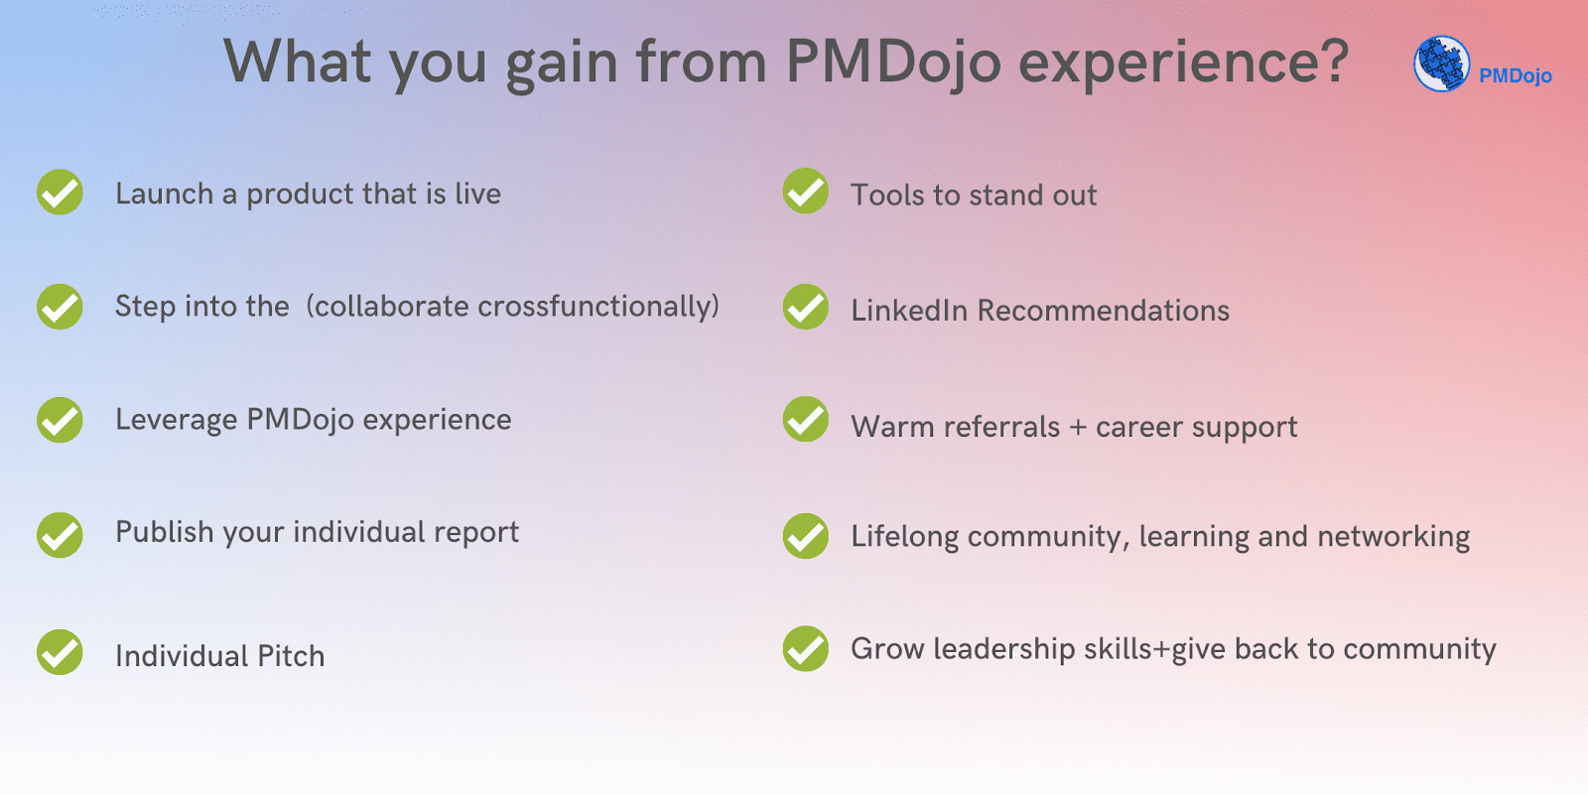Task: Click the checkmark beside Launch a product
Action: (61, 193)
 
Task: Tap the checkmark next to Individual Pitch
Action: (61, 652)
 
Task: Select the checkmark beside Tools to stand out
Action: (806, 191)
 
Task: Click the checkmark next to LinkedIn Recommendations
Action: (806, 307)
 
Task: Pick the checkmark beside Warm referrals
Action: (806, 419)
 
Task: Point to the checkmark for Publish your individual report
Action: (61, 535)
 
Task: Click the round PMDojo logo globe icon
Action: (1441, 64)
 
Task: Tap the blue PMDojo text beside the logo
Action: (1515, 75)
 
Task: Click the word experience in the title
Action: (1183, 64)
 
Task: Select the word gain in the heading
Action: (561, 64)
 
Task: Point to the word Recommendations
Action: (1103, 311)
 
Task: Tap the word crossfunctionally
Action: (598, 307)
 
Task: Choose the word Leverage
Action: (176, 421)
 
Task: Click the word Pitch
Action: (291, 656)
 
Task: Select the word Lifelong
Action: (904, 537)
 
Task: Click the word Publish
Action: (165, 532)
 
